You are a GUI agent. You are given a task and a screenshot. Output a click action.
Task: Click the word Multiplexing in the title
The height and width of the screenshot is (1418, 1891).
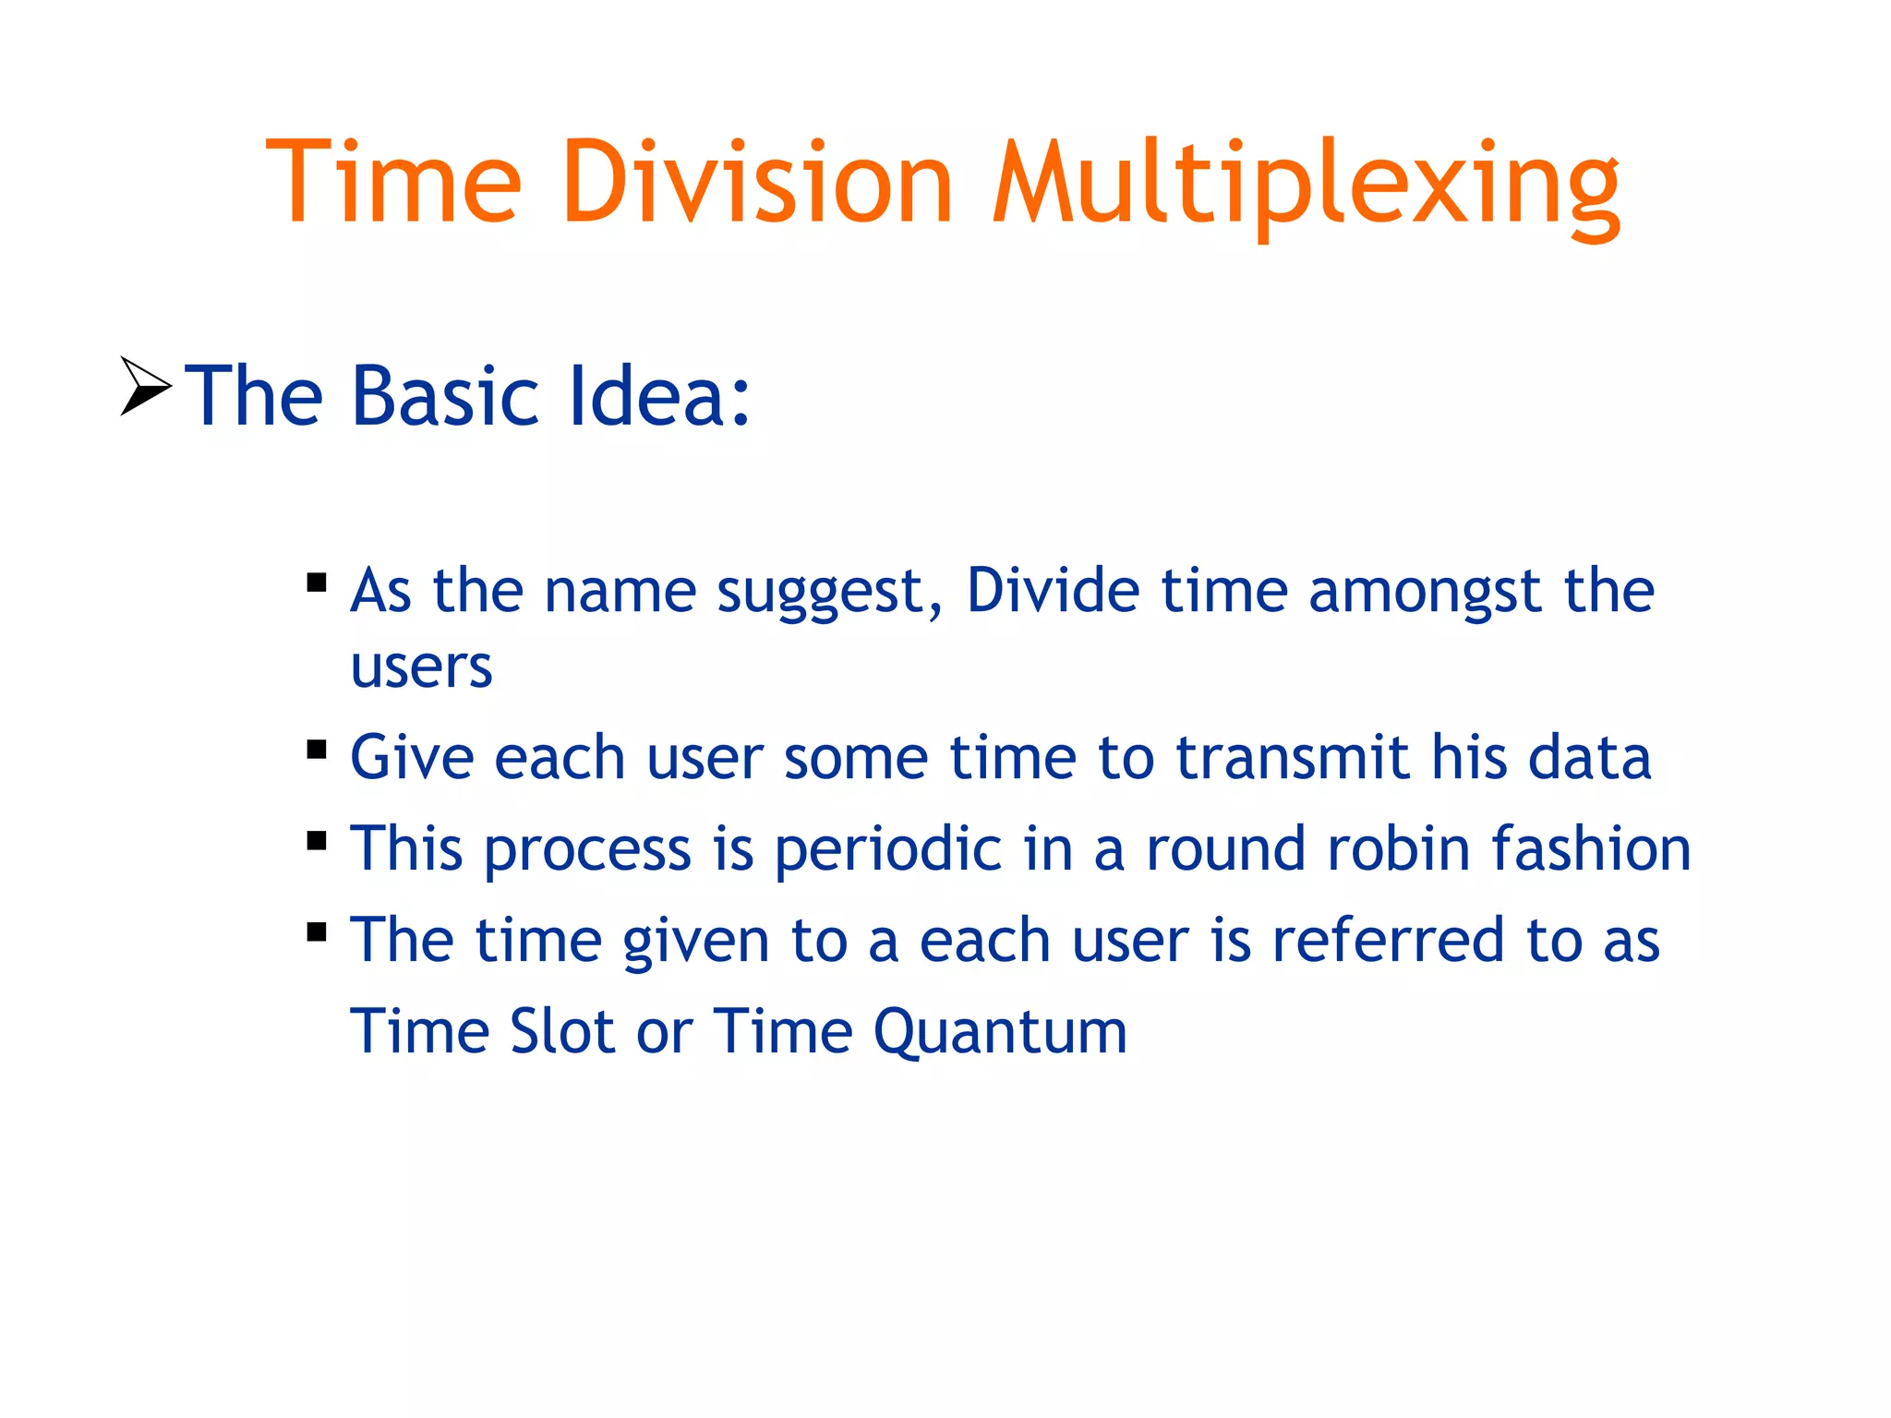coord(1306,185)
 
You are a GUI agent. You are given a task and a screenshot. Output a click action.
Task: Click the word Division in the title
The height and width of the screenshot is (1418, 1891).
coord(757,182)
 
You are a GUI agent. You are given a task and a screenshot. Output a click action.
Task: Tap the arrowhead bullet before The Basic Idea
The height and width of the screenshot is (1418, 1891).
coord(145,386)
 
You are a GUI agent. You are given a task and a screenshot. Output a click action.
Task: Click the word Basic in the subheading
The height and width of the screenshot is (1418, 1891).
coord(445,396)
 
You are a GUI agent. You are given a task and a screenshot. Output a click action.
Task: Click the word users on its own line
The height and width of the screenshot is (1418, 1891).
coord(421,667)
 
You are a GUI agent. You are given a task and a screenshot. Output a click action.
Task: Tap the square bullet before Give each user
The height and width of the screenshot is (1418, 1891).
coord(317,749)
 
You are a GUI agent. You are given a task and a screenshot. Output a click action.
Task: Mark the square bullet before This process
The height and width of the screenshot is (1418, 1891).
coord(317,840)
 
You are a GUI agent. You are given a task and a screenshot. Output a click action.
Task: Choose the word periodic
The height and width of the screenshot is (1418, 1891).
coord(887,849)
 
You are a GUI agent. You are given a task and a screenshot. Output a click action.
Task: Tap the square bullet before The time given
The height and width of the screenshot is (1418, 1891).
coord(317,931)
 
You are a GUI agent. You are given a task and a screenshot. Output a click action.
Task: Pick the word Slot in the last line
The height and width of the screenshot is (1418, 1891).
coord(562,1031)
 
